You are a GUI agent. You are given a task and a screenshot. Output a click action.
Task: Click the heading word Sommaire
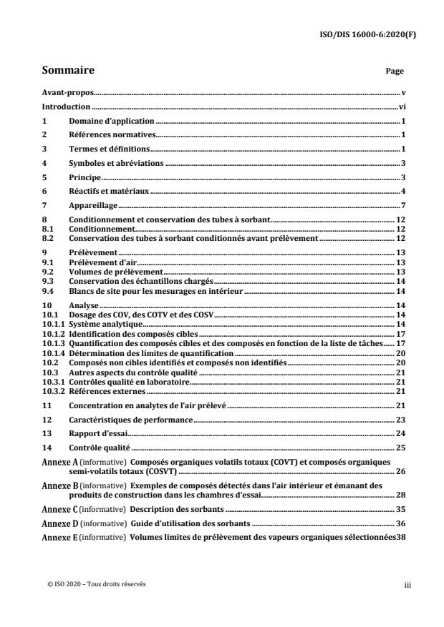click(69, 71)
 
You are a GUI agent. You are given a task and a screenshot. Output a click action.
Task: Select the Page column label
click(395, 71)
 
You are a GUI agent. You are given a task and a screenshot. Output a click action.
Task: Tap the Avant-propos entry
click(69, 93)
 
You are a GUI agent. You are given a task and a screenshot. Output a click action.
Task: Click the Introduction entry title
click(67, 107)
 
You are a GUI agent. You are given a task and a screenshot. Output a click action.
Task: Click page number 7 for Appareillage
click(404, 205)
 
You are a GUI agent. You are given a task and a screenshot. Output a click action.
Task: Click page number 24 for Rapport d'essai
click(401, 433)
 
